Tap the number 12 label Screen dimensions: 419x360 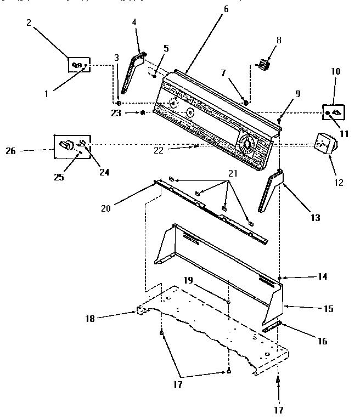(339, 183)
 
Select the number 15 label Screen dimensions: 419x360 (328, 309)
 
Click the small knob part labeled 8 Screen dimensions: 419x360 (264, 64)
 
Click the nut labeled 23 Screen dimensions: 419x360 (142, 113)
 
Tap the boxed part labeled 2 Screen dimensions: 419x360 (77, 65)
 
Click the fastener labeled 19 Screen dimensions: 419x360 (228, 302)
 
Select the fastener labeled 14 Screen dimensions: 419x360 (280, 279)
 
